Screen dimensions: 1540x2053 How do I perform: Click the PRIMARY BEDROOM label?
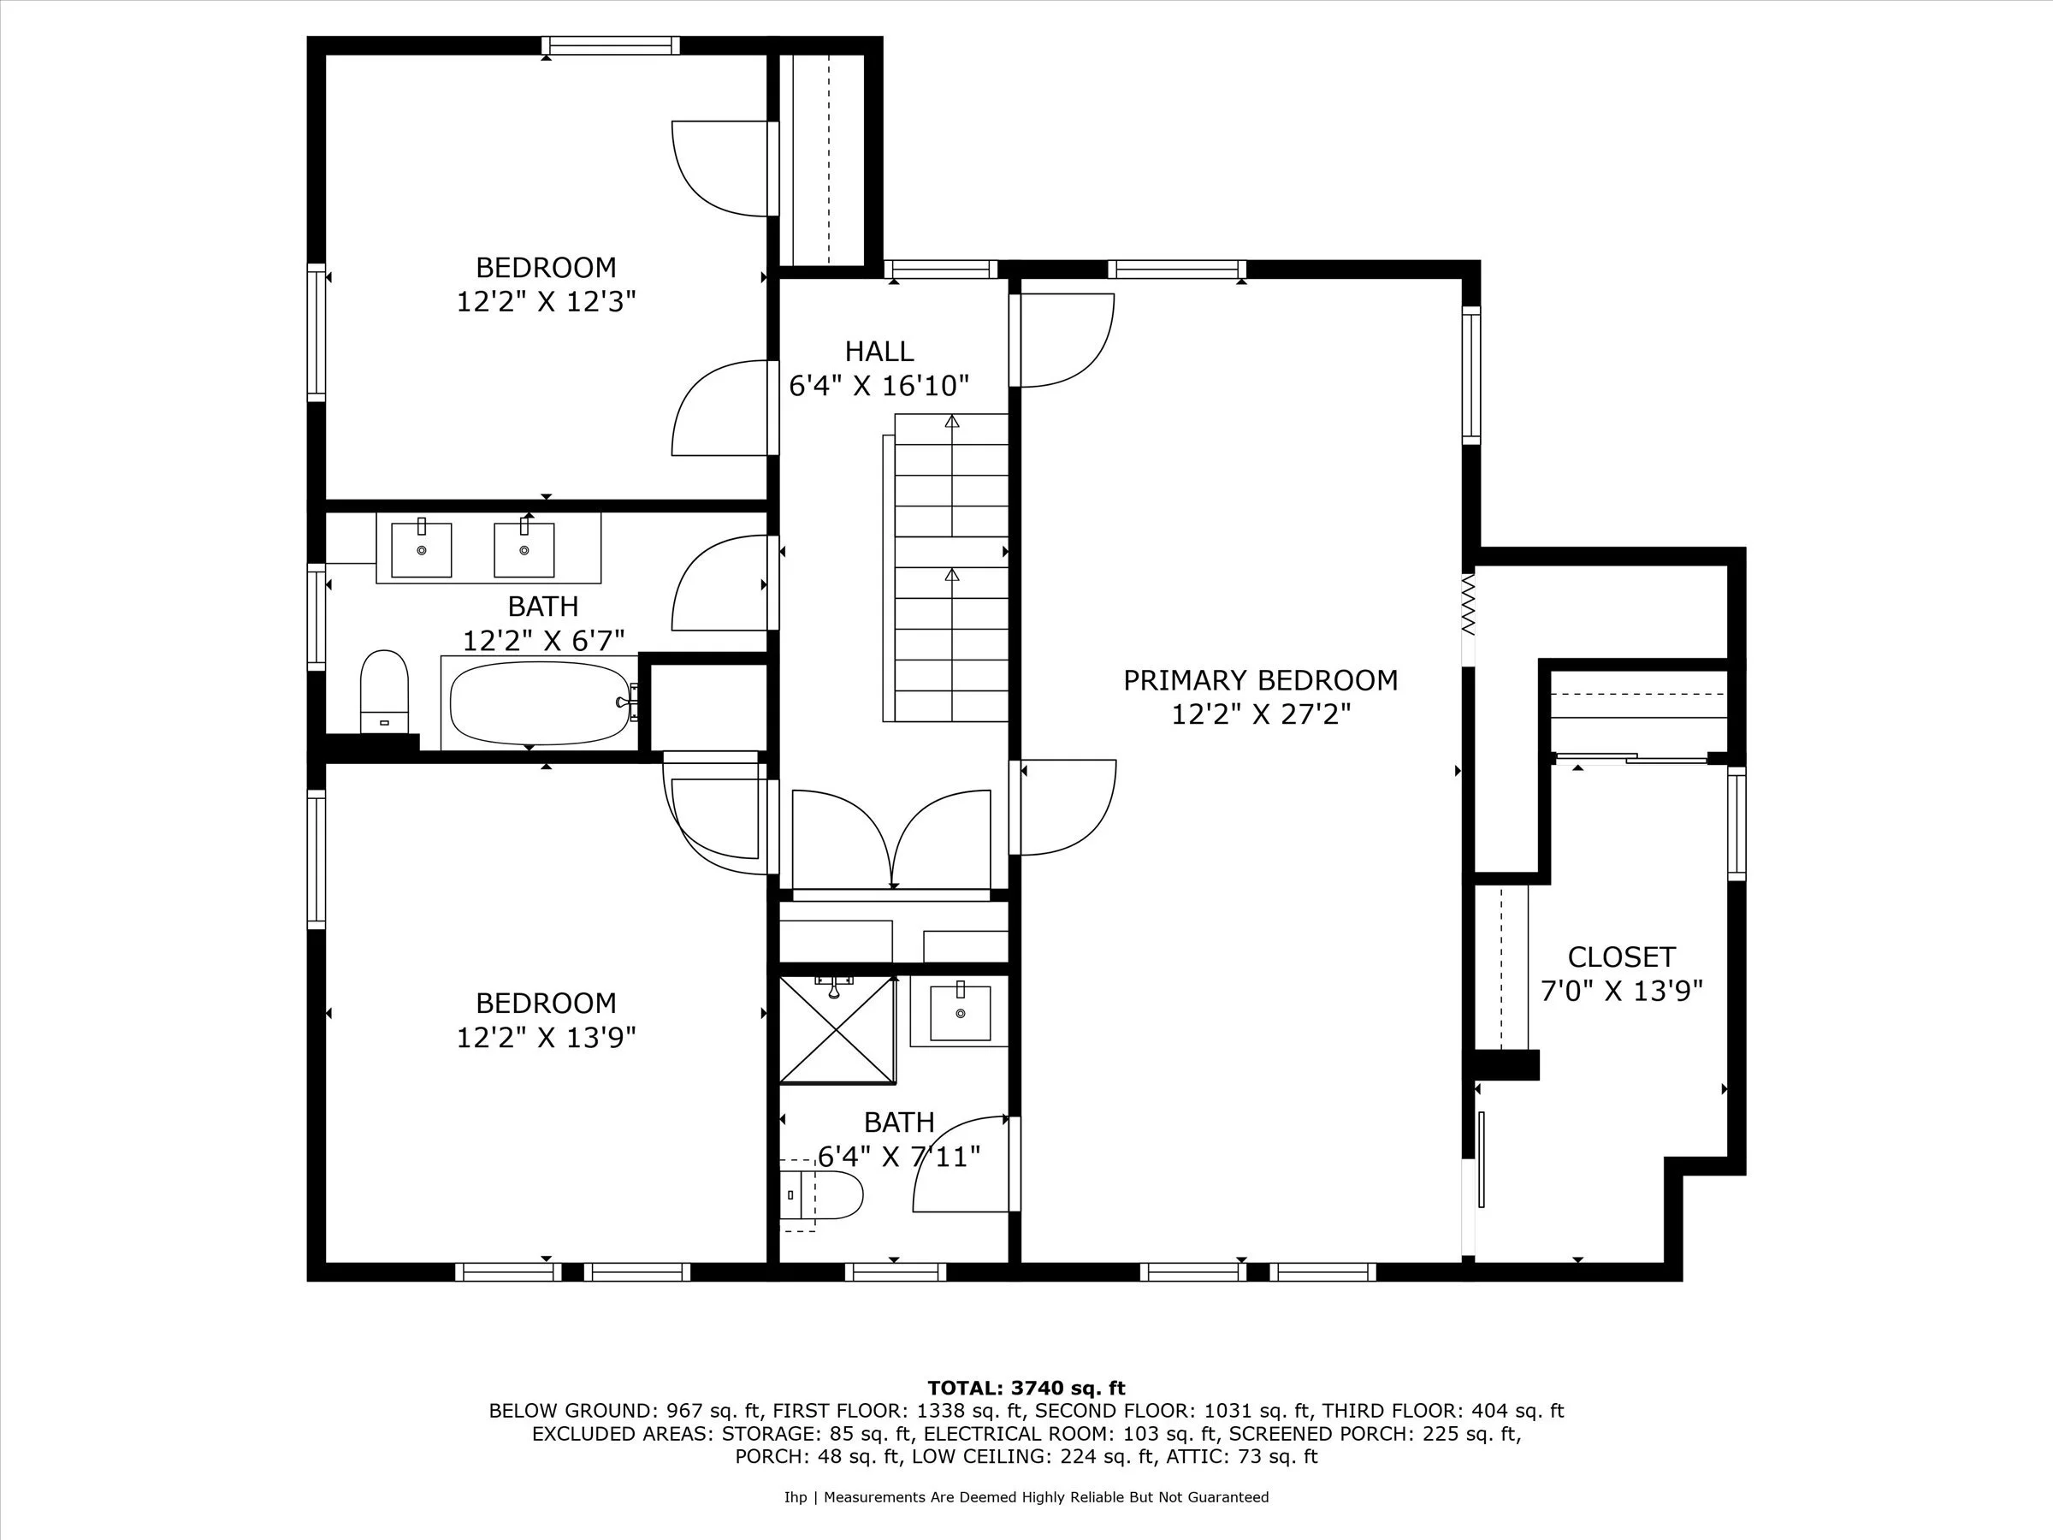pyautogui.click(x=1259, y=680)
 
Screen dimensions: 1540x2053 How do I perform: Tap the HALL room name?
pyautogui.click(x=879, y=352)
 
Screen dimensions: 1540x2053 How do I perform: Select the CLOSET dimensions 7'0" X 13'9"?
pyautogui.click(x=1621, y=992)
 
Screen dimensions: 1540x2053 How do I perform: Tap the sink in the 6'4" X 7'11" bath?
pyautogui.click(x=960, y=1014)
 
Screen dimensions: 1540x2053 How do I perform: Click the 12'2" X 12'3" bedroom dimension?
pyautogui.click(x=546, y=303)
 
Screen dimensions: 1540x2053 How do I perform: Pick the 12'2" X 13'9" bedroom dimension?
pyautogui.click(x=546, y=1038)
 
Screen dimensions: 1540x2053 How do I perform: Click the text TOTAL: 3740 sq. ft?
pyautogui.click(x=1026, y=1388)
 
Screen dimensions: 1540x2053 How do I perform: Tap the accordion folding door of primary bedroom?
pyautogui.click(x=1467, y=602)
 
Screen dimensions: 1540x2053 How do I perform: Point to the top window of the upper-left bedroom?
pyautogui.click(x=611, y=45)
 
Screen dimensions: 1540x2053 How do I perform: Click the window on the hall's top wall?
pyautogui.click(x=940, y=270)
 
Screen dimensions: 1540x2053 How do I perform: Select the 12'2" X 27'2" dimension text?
pyautogui.click(x=1259, y=714)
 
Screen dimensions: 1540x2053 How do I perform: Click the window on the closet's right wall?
pyautogui.click(x=1736, y=823)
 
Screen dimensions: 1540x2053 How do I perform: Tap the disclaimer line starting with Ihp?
pyautogui.click(x=1026, y=1496)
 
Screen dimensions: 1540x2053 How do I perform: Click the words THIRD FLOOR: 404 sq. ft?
pyautogui.click(x=1442, y=1411)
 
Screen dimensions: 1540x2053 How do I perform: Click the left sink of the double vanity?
pyautogui.click(x=422, y=548)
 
